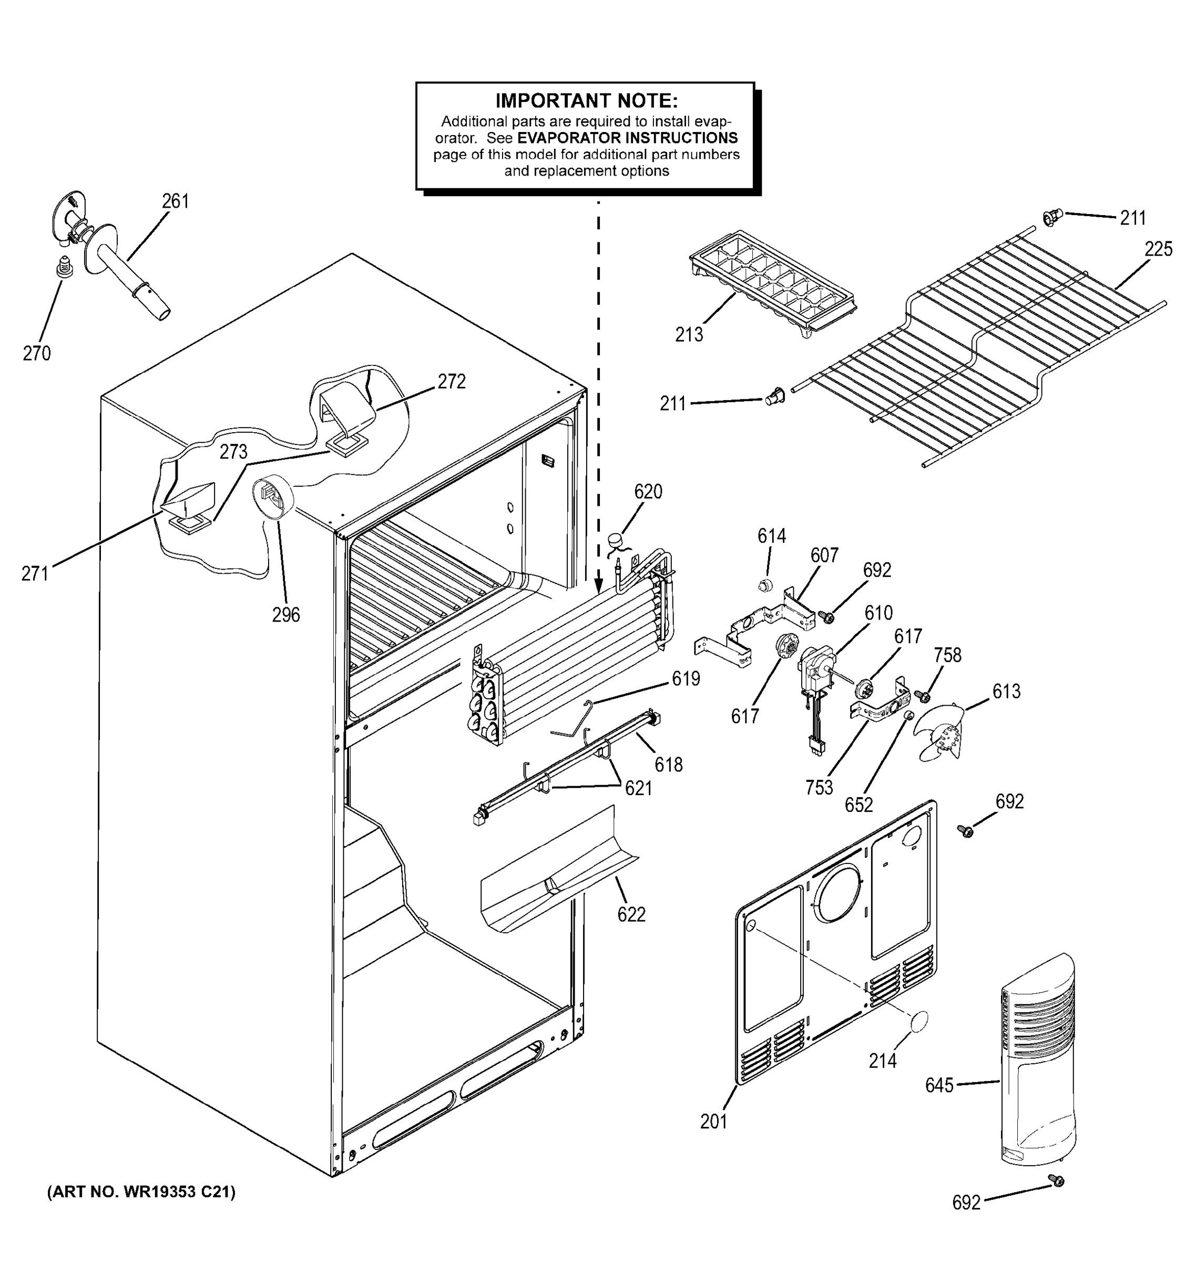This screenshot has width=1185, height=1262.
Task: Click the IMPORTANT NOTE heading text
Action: click(586, 101)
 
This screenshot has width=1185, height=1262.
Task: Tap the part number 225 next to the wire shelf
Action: click(1158, 249)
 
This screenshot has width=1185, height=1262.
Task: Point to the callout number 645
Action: click(939, 1085)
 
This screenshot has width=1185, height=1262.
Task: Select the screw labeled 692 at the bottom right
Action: click(1057, 1180)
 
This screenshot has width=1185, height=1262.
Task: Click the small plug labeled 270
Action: click(64, 266)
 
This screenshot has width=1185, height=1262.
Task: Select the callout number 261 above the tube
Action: click(175, 201)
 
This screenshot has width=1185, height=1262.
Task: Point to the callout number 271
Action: click(35, 573)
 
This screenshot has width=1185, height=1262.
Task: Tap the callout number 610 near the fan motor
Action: click(878, 613)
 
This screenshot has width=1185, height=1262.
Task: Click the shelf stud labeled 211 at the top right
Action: click(1051, 218)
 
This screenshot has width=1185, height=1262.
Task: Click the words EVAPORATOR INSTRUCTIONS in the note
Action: click(627, 138)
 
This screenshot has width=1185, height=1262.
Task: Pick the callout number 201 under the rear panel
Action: click(713, 1122)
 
